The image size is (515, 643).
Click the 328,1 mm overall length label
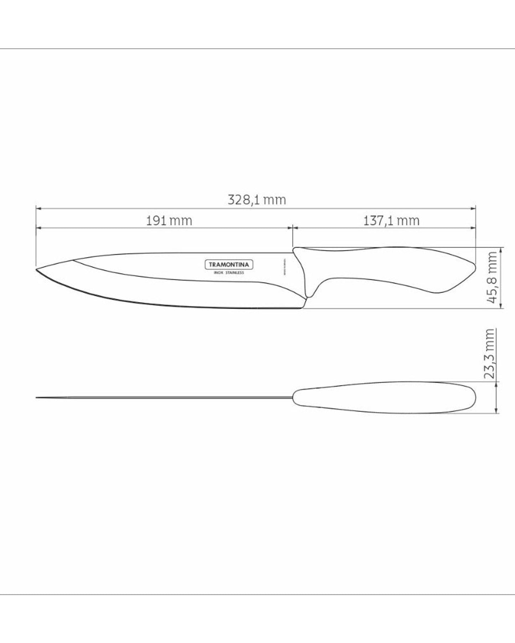pyautogui.click(x=257, y=200)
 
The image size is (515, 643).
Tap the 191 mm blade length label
pyautogui.click(x=169, y=221)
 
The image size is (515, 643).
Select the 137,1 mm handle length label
pyautogui.click(x=391, y=221)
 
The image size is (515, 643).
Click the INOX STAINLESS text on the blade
pyautogui.click(x=229, y=273)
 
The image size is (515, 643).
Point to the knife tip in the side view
pyautogui.click(x=37, y=269)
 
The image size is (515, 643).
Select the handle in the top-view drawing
pyautogui.click(x=385, y=398)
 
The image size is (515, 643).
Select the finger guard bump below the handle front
pyautogui.click(x=309, y=294)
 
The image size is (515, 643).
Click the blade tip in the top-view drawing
pyautogui.click(x=37, y=397)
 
